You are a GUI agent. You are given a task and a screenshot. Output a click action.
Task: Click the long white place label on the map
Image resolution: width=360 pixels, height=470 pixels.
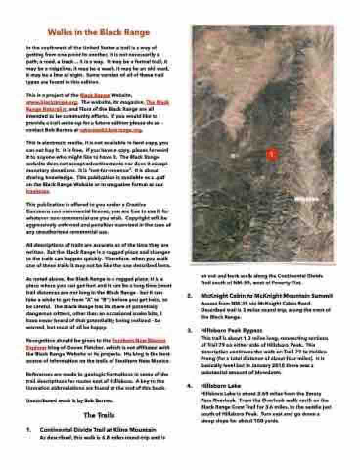point(306,199)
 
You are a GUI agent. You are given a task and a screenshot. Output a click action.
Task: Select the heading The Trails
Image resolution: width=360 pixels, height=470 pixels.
point(98,415)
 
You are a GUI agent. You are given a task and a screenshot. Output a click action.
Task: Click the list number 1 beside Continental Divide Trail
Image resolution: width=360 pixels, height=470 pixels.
point(28,429)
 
